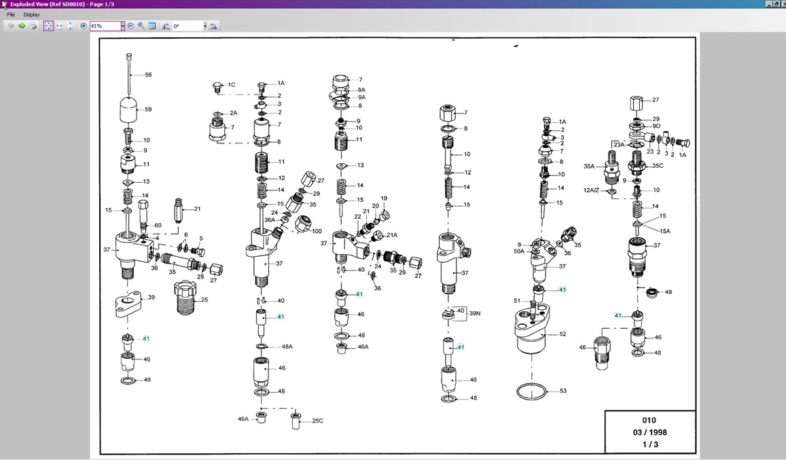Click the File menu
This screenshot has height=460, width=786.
[10, 14]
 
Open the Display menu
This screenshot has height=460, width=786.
[31, 14]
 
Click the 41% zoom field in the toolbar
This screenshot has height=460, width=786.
[105, 26]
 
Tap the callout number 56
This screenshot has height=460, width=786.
[148, 75]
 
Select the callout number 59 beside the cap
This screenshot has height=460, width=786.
[148, 109]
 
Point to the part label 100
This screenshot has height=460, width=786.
[317, 231]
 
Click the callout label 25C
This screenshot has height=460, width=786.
[318, 421]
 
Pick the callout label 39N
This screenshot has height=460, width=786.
[475, 313]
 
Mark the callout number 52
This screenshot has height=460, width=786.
[563, 334]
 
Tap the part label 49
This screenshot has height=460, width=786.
[668, 292]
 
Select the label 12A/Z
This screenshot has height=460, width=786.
[592, 191]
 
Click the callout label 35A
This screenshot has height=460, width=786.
[589, 166]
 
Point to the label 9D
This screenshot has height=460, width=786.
[657, 126]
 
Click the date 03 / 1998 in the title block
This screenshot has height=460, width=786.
[649, 432]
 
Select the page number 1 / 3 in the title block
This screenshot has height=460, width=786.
[650, 444]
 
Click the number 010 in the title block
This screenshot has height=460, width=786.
[649, 421]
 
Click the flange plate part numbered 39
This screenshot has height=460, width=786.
[128, 304]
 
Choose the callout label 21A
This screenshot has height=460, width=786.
[392, 235]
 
